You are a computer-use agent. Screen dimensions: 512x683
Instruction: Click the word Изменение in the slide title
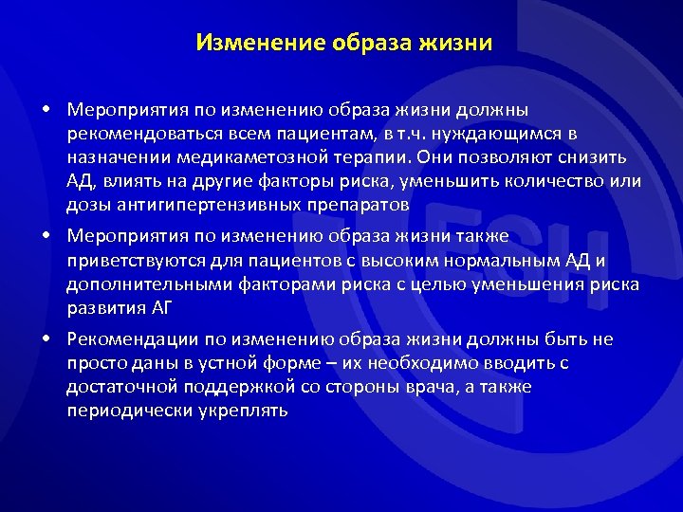click(x=249, y=43)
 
